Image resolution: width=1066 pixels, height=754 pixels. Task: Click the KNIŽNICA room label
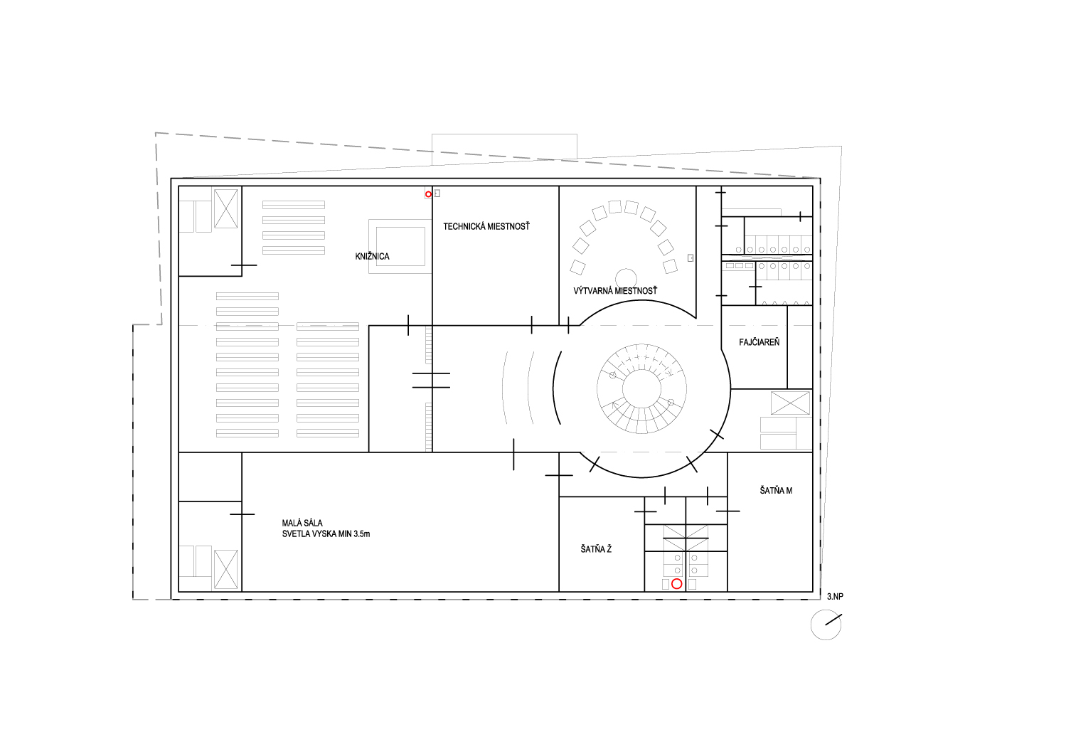click(x=372, y=257)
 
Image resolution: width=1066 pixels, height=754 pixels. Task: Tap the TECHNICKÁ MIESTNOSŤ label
click(x=486, y=227)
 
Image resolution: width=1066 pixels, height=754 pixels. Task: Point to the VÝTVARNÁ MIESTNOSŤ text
click(x=615, y=290)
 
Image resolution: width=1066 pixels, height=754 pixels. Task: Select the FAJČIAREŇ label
click(x=759, y=341)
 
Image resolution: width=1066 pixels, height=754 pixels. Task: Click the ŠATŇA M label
click(x=776, y=490)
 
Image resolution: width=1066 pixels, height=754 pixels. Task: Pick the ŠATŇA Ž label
click(x=596, y=549)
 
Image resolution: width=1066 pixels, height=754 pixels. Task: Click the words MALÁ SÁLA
click(x=302, y=523)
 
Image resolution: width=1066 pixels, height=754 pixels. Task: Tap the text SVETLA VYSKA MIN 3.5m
click(x=326, y=534)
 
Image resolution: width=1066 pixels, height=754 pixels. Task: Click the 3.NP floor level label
click(x=835, y=596)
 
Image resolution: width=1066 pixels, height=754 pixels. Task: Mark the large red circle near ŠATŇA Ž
click(x=676, y=583)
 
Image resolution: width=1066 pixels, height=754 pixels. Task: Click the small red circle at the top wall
click(x=428, y=194)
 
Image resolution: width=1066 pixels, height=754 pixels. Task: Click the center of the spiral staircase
click(x=641, y=388)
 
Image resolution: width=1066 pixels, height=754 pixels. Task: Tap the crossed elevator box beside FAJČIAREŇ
click(x=791, y=403)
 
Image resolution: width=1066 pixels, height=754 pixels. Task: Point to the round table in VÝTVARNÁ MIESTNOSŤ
click(x=626, y=278)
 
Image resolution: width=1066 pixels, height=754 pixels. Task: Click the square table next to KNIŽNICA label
click(x=400, y=246)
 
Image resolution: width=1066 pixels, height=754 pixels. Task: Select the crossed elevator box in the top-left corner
click(x=225, y=208)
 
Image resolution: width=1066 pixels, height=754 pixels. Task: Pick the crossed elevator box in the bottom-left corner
click(x=225, y=569)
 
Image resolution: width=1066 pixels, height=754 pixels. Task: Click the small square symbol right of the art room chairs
click(x=691, y=258)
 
